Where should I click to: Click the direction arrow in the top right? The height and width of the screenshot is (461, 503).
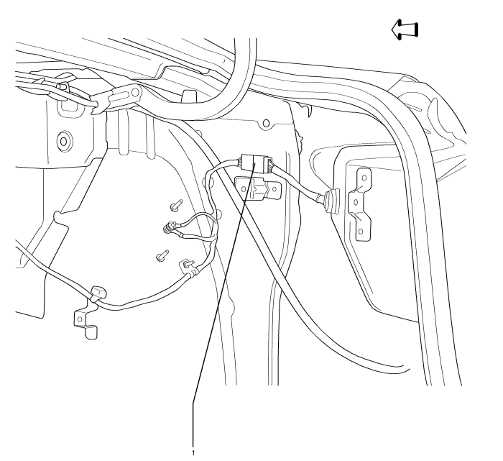(x=405, y=29)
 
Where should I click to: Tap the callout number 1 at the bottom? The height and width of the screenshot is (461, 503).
(x=193, y=452)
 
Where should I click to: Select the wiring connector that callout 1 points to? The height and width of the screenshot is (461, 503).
(x=255, y=163)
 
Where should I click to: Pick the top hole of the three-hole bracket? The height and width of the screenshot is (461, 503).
(x=364, y=175)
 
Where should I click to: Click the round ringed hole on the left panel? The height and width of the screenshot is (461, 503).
(x=63, y=140)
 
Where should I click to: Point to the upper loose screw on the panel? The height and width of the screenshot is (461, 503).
(x=175, y=206)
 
